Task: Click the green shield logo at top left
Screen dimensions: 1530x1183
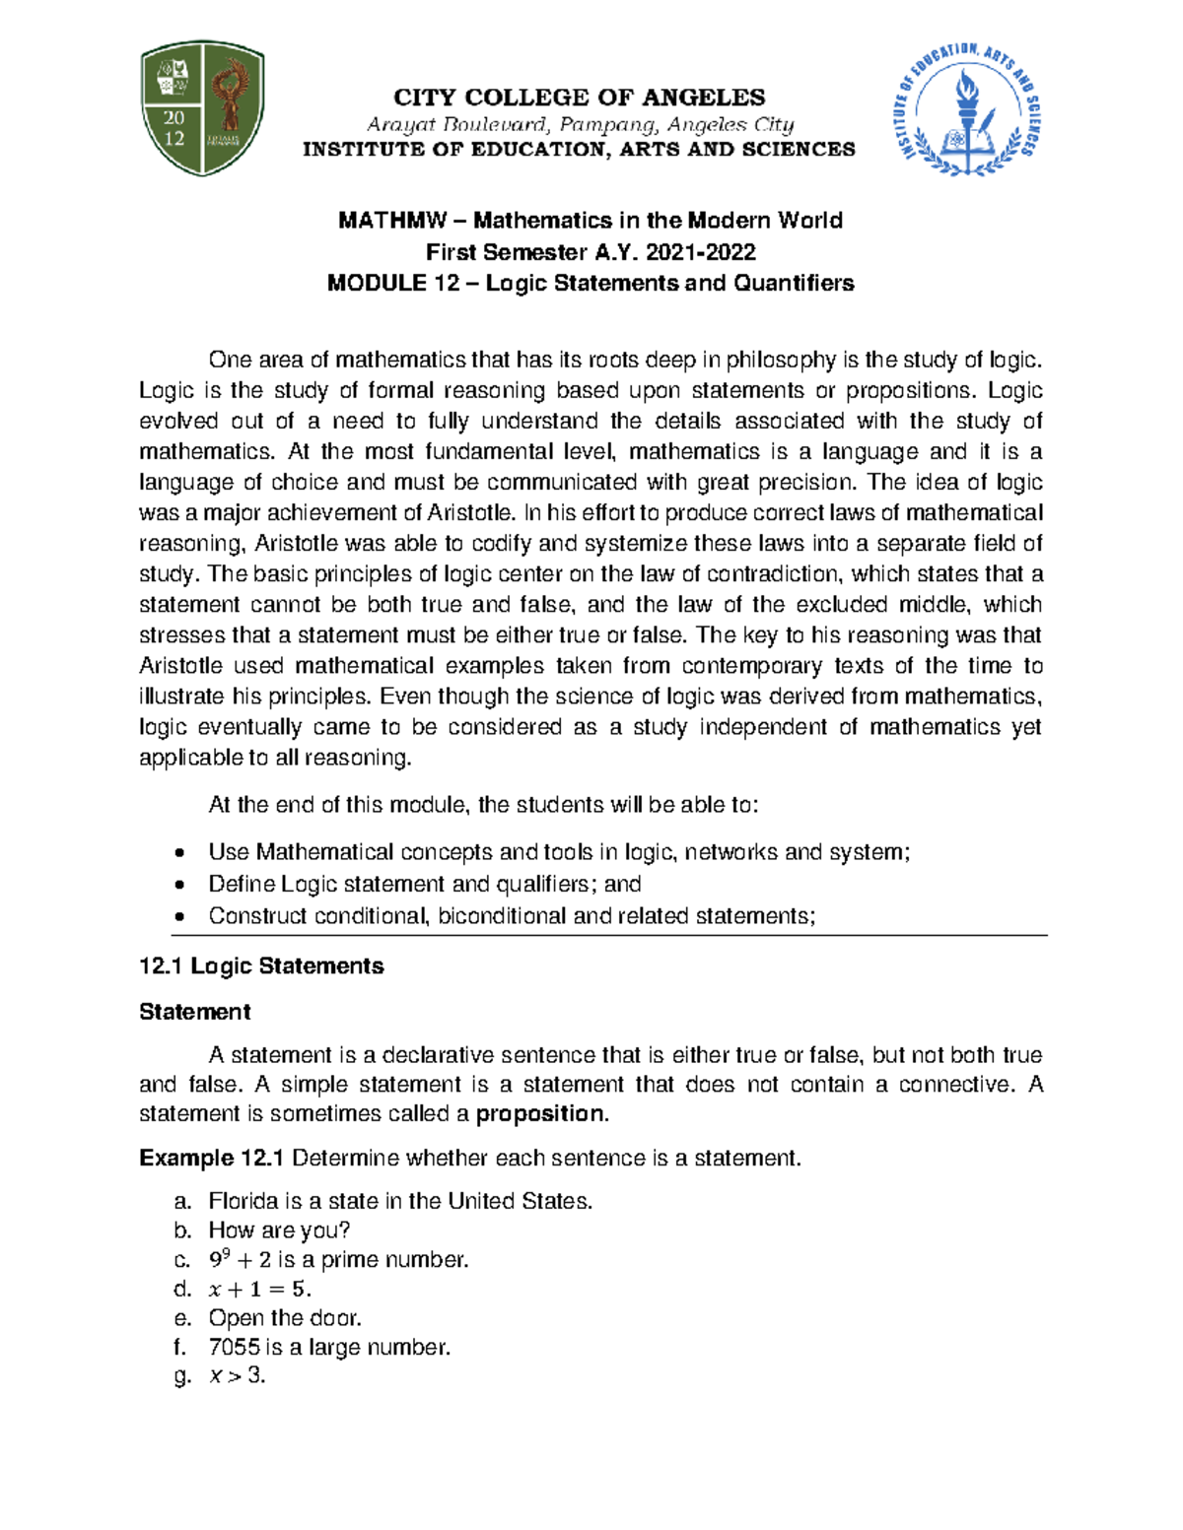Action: point(203,107)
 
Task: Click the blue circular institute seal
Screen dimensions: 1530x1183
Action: point(969,109)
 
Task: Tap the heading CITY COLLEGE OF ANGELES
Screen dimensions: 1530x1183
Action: point(579,98)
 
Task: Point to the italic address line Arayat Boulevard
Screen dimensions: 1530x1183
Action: point(580,124)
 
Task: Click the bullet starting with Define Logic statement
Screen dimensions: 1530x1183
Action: point(424,884)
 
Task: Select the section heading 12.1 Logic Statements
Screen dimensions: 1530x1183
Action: point(261,965)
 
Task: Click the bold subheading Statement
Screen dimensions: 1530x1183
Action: point(194,1012)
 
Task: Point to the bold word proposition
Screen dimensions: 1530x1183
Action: point(539,1114)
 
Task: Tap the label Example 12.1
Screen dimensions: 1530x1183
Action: point(211,1158)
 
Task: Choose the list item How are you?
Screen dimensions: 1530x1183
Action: point(279,1231)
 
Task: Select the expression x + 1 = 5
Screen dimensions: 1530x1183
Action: point(259,1290)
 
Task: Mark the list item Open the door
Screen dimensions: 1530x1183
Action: point(285,1318)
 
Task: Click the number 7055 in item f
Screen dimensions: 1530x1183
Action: point(234,1348)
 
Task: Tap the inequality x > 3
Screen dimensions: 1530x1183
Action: point(237,1376)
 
